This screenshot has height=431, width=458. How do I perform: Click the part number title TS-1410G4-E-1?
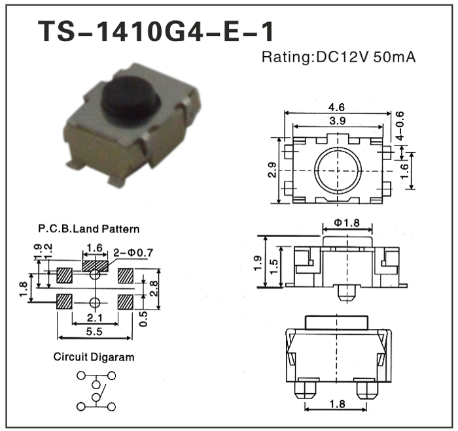coord(156,31)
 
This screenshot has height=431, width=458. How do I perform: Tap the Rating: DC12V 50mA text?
coord(338,57)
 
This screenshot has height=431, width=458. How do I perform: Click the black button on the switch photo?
coord(130,99)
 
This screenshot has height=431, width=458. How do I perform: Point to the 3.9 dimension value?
coord(338,121)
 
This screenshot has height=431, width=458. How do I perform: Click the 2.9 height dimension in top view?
coord(272,170)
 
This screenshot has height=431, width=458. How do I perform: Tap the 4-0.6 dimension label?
coord(400,126)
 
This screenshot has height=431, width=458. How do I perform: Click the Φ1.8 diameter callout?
coord(347,223)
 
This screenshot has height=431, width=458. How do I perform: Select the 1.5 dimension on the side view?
coord(273,266)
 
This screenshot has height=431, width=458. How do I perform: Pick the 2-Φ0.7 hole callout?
coord(133,253)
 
